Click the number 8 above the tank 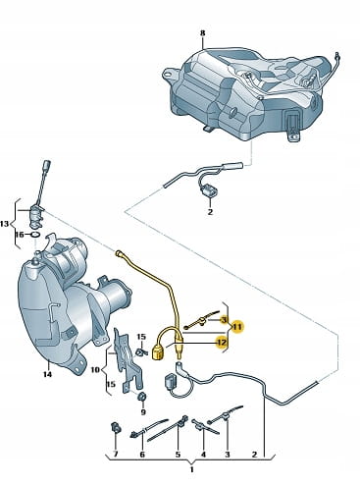[x=202, y=33]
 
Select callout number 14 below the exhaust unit [x=48, y=374]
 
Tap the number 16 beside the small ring [x=20, y=235]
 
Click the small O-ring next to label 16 [x=35, y=235]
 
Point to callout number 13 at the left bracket [x=5, y=224]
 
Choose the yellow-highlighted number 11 [x=237, y=327]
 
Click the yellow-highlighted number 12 [x=222, y=343]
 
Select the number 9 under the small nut [x=143, y=412]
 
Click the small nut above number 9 [x=143, y=398]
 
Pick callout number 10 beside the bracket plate [x=95, y=370]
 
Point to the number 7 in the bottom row [x=115, y=455]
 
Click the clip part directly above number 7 [x=116, y=427]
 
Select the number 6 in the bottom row [x=142, y=455]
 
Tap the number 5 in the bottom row [x=178, y=455]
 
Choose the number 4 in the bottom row [x=203, y=455]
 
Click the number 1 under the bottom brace [x=192, y=470]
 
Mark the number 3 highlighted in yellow [x=224, y=319]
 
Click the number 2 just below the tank [x=210, y=211]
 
